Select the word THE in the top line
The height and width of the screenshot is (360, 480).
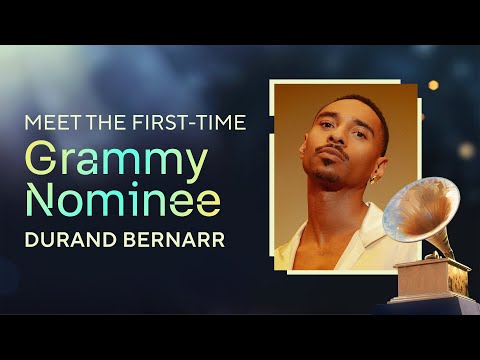point(95,124)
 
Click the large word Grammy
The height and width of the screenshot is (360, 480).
point(116,161)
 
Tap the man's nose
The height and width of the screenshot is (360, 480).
point(327,148)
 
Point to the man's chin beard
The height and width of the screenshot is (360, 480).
point(322,181)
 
